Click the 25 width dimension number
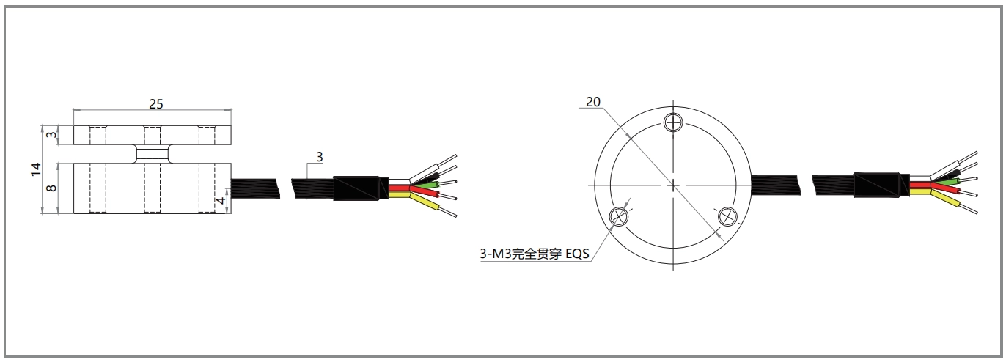point(155,103)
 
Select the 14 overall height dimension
point(35,169)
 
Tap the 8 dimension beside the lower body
point(51,188)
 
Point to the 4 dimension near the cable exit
point(221,200)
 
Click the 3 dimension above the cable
point(319,156)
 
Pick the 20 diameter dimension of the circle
point(592,102)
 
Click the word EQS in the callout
point(576,254)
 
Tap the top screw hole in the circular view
point(673,122)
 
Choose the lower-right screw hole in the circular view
point(727,216)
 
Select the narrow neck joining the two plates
point(153,153)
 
